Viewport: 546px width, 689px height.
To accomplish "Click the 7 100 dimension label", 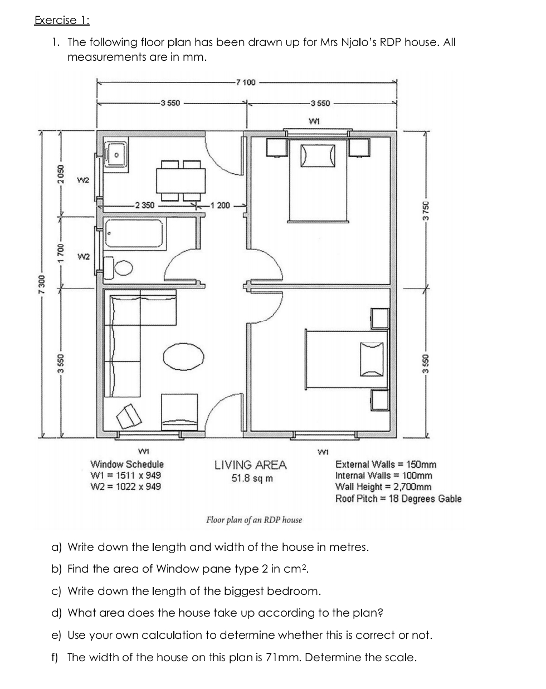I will (246, 82).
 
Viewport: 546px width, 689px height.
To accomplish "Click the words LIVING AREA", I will (251, 465).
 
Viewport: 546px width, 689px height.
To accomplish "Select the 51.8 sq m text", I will (252, 478).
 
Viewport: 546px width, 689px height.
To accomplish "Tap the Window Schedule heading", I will (127, 464).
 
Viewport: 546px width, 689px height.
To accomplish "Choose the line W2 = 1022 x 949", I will (125, 487).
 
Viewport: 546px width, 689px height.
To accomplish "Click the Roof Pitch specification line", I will (398, 499).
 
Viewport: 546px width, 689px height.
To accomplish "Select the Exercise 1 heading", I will (61, 20).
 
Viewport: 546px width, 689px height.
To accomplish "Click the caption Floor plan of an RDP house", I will (254, 520).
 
